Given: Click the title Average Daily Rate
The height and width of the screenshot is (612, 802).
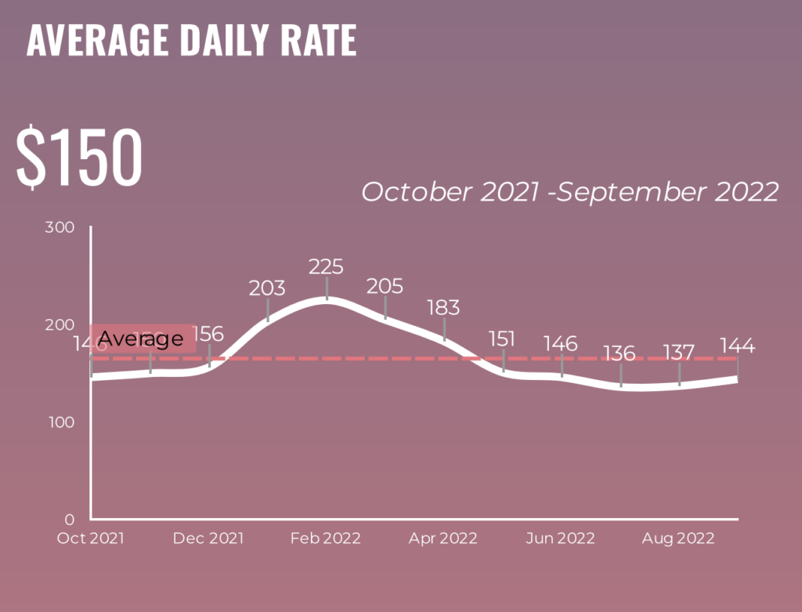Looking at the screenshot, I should click(x=191, y=41).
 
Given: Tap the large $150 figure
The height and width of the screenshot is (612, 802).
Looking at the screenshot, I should click(x=79, y=156).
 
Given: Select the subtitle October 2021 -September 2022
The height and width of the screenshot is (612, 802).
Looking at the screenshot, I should click(x=569, y=192).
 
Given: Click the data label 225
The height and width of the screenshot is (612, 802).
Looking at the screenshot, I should click(x=326, y=266).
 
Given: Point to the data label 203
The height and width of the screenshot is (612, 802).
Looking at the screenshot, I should click(x=267, y=288).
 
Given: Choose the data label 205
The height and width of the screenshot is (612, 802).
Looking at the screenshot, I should click(x=385, y=286).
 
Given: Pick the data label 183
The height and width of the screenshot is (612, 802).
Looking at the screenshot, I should click(x=443, y=306).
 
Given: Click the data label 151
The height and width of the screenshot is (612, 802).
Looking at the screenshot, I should click(x=502, y=339).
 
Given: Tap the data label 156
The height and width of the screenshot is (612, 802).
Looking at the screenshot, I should click(x=208, y=333).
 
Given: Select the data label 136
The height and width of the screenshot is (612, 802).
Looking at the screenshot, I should click(x=620, y=353).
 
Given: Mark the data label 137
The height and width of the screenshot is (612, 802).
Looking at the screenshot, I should click(x=678, y=352).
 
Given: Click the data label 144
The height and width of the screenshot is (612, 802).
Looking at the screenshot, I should click(x=737, y=346).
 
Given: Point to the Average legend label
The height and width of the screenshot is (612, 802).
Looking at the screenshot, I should click(x=141, y=339).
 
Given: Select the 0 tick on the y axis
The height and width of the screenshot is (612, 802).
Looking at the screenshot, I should click(x=69, y=520).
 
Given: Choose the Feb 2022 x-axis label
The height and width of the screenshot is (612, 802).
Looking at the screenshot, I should click(x=326, y=538).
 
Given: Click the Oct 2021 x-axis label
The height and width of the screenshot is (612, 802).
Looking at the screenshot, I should click(x=91, y=538).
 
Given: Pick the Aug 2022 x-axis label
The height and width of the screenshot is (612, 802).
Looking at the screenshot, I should click(x=678, y=538).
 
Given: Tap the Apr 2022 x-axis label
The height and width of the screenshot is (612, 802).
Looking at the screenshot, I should click(x=443, y=538).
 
